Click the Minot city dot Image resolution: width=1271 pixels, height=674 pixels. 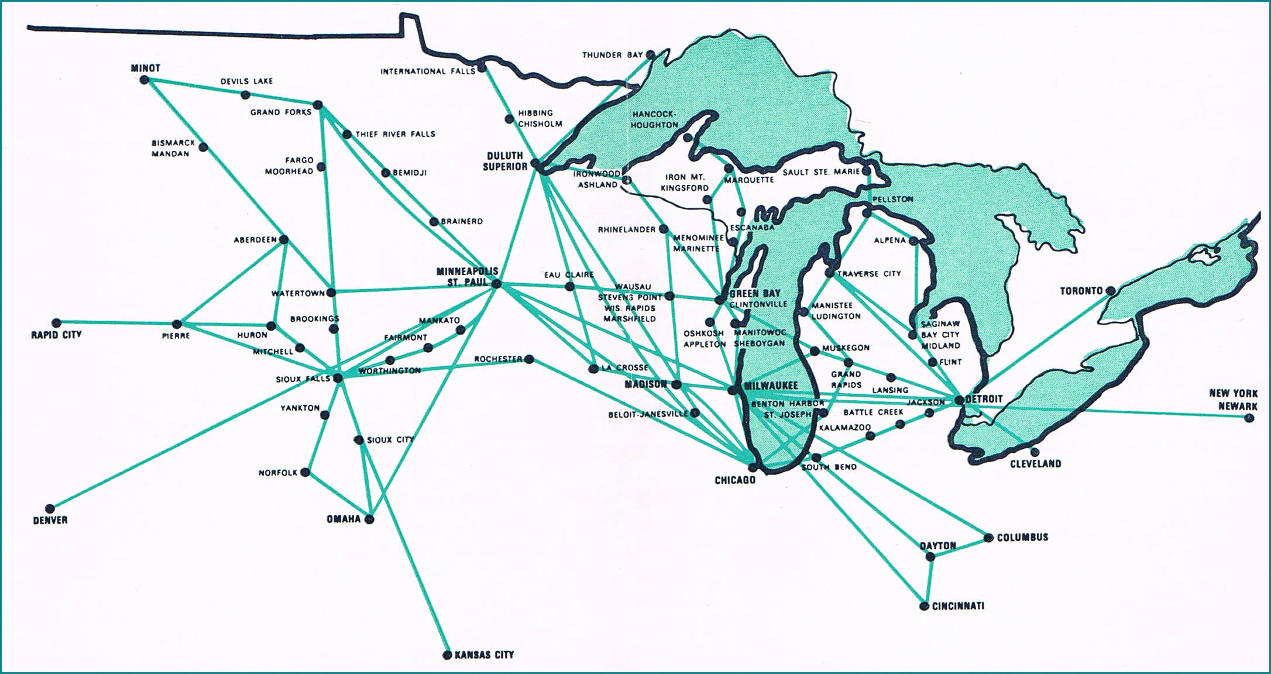click(145, 80)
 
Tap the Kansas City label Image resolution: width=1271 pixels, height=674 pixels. click(484, 655)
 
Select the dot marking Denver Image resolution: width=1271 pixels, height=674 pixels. click(50, 508)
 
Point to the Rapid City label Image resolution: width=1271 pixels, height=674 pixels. click(56, 335)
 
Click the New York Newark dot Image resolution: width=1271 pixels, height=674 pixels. click(1249, 418)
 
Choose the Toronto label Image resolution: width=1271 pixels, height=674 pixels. click(1081, 291)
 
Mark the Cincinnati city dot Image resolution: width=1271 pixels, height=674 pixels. click(925, 606)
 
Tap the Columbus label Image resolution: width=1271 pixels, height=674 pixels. click(1022, 537)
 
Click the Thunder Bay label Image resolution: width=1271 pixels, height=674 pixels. click(612, 55)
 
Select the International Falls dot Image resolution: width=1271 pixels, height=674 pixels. click(481, 68)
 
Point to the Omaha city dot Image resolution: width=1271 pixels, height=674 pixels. click(369, 519)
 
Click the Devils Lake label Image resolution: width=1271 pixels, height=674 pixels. click(246, 81)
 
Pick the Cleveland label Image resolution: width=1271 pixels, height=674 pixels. click(1035, 464)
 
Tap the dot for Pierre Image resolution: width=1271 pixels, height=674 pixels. click(177, 324)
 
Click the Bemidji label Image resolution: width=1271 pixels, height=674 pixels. click(410, 173)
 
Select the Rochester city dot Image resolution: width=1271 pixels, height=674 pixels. click(528, 359)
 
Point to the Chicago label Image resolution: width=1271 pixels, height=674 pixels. click(735, 480)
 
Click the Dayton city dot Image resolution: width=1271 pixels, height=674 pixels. click(932, 557)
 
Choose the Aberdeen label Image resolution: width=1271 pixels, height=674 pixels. click(255, 240)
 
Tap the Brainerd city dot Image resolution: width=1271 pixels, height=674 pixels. click(434, 222)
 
